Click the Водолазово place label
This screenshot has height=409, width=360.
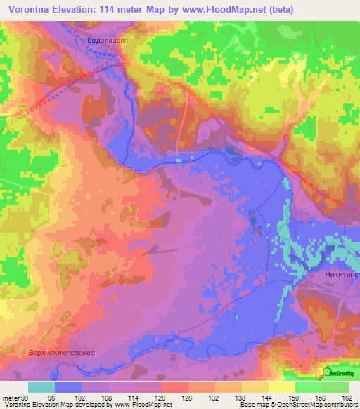[x=107, y=41]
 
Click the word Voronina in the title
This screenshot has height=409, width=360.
[x=29, y=9]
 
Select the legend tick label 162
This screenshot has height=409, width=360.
[x=346, y=397]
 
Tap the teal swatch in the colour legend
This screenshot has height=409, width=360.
[x=41, y=387]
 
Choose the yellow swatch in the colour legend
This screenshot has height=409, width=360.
[x=282, y=387]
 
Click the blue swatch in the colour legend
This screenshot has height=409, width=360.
[x=68, y=387]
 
